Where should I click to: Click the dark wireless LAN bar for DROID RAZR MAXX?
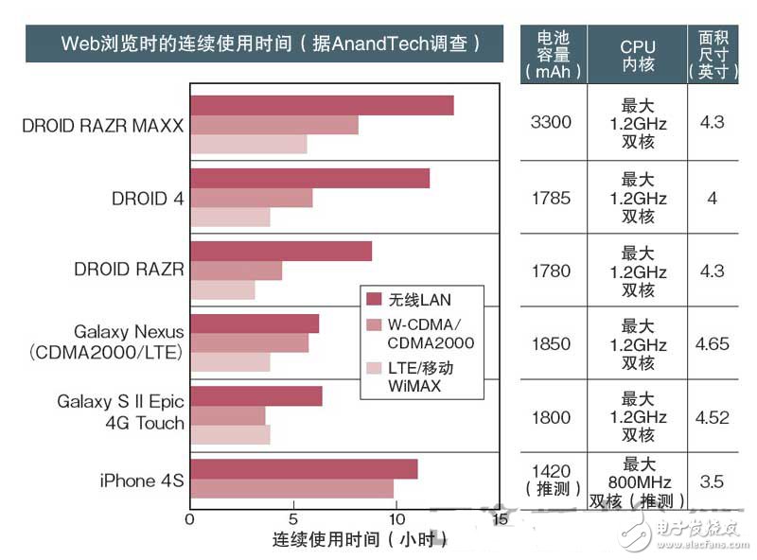[322, 105]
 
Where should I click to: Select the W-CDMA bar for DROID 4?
[251, 198]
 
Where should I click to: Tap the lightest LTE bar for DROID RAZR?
[222, 289]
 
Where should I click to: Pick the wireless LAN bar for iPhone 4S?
[303, 469]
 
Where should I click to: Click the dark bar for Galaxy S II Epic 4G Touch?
[255, 396]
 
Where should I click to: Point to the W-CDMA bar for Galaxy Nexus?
[249, 343]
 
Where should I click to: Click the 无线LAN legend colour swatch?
[373, 300]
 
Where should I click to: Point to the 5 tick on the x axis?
[293, 518]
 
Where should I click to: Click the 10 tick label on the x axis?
[396, 518]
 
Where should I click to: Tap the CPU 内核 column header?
[637, 54]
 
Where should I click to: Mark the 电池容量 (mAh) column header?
[552, 54]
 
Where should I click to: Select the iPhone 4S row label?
[141, 481]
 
